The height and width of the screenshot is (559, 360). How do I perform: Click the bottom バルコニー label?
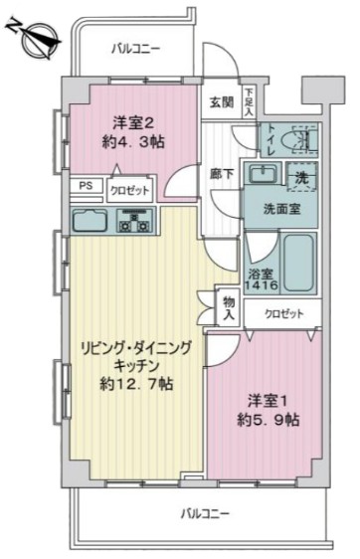click(205, 513)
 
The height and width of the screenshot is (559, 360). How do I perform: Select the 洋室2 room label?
click(132, 123)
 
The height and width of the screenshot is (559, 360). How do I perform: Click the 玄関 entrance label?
click(221, 100)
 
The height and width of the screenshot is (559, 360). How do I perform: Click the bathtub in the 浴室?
click(296, 264)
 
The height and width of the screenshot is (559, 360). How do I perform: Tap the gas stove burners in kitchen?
click(131, 220)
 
